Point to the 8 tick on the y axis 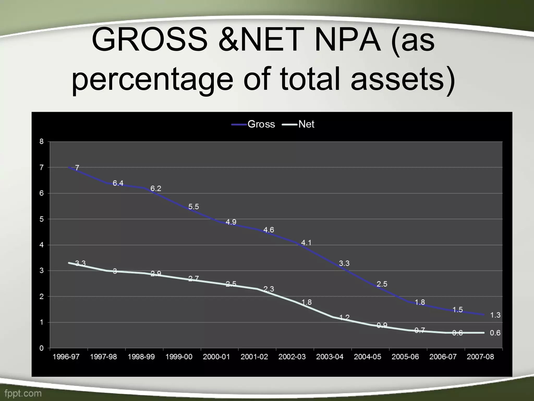41,141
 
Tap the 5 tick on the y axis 41,219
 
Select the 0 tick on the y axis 41,348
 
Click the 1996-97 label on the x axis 66,357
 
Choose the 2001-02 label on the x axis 254,357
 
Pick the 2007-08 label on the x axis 480,357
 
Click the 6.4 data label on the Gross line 118,183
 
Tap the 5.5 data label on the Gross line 193,207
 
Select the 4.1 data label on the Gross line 306,243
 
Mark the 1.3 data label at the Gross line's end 495,315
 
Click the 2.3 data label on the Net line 269,289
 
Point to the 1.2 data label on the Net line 344,317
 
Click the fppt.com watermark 23,393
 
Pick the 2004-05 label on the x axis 367,357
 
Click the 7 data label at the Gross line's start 77,168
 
